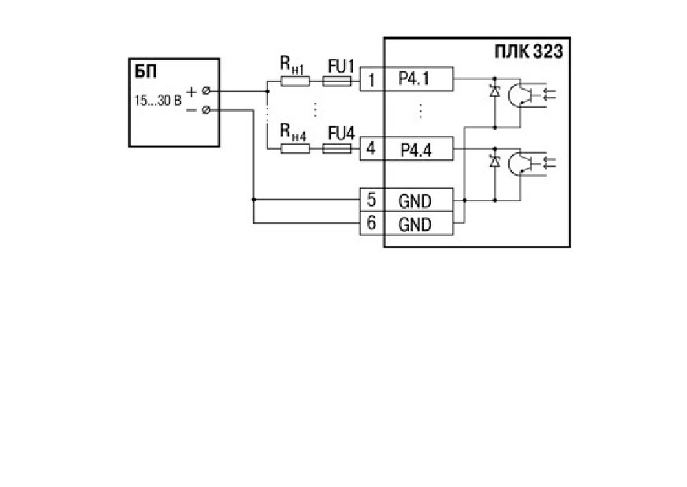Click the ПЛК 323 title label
pos(529,52)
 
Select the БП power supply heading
pos(146,72)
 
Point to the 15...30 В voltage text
pos(158,101)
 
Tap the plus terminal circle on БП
pos(206,91)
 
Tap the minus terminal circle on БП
pos(206,110)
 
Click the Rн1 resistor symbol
pos(295,81)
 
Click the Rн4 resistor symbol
pos(295,149)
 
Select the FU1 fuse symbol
pos(337,81)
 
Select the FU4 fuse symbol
pos(337,149)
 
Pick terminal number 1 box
pos(372,80)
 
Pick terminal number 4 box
pos(372,149)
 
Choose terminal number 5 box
pos(372,200)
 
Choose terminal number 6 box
pos(372,224)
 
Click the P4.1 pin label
pos(414,79)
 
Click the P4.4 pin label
pos(416,150)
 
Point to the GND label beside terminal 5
pos(415,201)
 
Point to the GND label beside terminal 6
pos(415,225)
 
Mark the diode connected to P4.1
pos(495,92)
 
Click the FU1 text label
pos(341,67)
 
